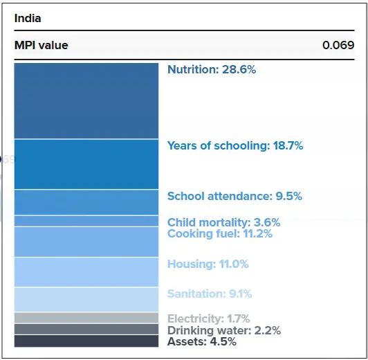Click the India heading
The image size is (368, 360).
28,19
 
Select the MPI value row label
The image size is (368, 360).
42,46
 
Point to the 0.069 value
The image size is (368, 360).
338,46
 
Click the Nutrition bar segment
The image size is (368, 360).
86,101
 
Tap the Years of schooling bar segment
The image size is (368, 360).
86,164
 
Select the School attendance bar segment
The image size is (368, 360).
86,202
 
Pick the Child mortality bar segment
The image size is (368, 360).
86,221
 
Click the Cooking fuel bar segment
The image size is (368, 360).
86,242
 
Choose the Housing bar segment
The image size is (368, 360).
86,272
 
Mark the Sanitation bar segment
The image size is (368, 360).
86,300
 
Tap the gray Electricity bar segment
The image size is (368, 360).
86,318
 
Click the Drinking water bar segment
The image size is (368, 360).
86,330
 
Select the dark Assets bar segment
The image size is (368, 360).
86,341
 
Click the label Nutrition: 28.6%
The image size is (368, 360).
212,70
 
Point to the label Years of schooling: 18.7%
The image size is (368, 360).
235,146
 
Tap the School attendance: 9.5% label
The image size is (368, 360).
234,197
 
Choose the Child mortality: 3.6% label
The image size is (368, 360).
223,223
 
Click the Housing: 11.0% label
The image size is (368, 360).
208,264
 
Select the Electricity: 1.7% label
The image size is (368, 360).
208,319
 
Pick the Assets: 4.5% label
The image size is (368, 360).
201,342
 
